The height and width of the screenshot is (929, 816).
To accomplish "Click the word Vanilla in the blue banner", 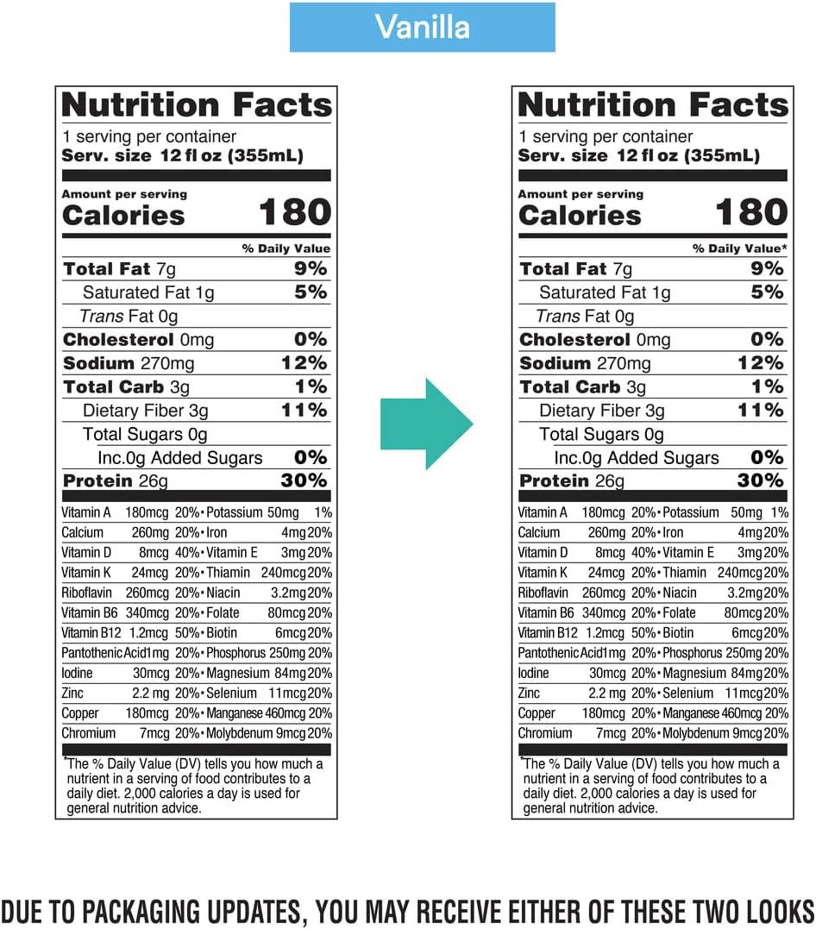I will (422, 27).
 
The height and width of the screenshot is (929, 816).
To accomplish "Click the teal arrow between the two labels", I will (426, 423).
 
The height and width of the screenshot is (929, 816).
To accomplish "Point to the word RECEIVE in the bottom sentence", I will (461, 911).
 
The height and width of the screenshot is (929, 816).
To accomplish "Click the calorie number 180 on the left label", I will (295, 213).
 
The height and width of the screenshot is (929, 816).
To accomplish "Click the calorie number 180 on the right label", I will (751, 213).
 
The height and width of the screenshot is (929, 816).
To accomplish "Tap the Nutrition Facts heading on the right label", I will (653, 105).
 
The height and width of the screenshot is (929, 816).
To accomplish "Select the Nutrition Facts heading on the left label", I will (197, 105).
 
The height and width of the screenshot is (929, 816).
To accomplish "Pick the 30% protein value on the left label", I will (304, 480).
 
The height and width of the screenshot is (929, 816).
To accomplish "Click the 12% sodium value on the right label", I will (760, 363).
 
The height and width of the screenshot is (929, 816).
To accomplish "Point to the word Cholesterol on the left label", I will (116, 340).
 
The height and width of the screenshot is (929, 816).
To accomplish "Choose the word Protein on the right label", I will (555, 481).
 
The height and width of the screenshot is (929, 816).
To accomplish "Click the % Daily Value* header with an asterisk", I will (739, 248).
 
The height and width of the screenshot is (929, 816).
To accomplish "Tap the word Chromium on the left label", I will (88, 733).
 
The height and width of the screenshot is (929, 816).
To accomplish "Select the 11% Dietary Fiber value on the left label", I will (304, 410).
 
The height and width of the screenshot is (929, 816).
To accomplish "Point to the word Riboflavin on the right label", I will (543, 593).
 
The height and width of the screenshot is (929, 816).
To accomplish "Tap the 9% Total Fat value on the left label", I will (310, 269).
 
